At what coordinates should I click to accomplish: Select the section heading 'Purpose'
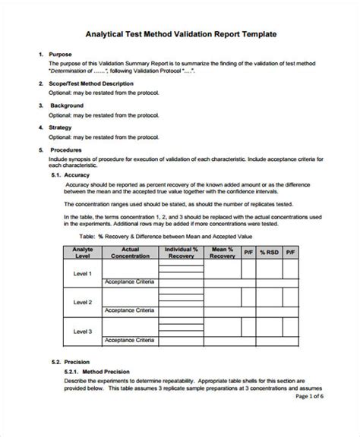(x=60, y=55)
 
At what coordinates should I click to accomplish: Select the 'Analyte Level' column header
(x=82, y=251)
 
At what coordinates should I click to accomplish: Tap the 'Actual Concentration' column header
(x=131, y=251)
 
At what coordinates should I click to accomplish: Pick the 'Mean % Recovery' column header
(x=223, y=251)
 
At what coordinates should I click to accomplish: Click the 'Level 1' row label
(x=82, y=274)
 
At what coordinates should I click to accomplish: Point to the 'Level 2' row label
(x=82, y=302)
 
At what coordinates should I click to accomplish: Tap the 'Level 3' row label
(x=82, y=331)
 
